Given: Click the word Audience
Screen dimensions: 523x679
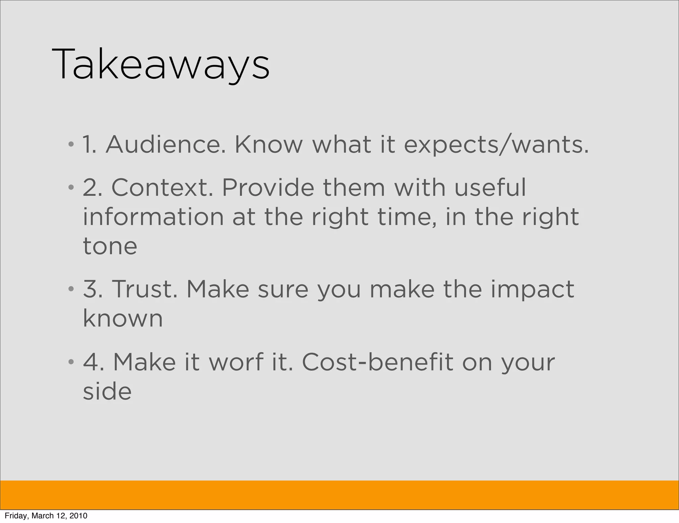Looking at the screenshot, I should pos(165,145).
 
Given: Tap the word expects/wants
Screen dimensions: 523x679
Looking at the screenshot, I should pos(496,145).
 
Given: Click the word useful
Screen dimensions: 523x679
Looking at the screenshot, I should pos(490,187).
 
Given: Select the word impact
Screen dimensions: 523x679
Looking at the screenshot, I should pos(532,289).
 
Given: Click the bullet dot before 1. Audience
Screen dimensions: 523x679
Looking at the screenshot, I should pos(71,145).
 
